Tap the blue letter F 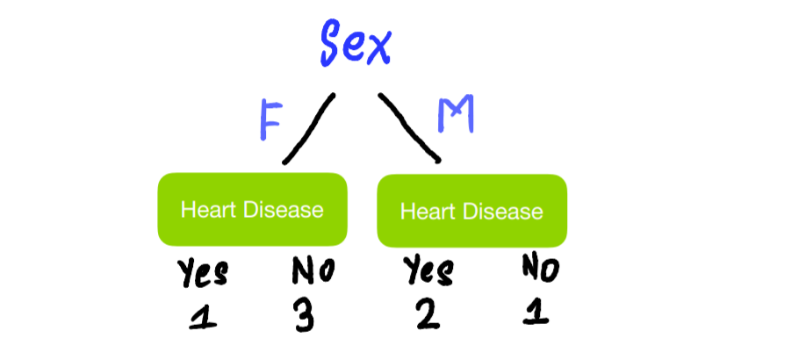pyautogui.click(x=271, y=119)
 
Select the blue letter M pyautogui.click(x=456, y=114)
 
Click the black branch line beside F pyautogui.click(x=309, y=128)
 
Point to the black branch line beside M pyautogui.click(x=410, y=127)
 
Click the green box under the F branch pyautogui.click(x=252, y=209)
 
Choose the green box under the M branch pyautogui.click(x=471, y=211)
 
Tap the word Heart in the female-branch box pyautogui.click(x=209, y=210)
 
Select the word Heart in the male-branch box pyautogui.click(x=428, y=212)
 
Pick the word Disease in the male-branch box pyautogui.click(x=503, y=212)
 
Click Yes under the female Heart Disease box pyautogui.click(x=203, y=273)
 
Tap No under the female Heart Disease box pyautogui.click(x=313, y=270)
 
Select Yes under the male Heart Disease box pyautogui.click(x=428, y=270)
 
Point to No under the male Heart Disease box pyautogui.click(x=540, y=269)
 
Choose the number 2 pyautogui.click(x=428, y=313)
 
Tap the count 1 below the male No pyautogui.click(x=536, y=311)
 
